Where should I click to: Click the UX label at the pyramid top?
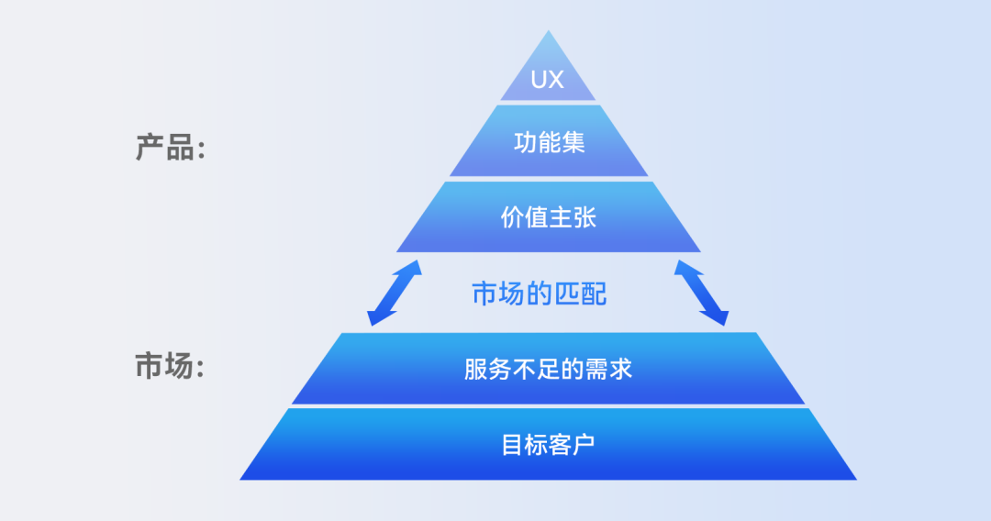point(547,80)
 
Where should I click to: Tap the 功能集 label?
point(549,142)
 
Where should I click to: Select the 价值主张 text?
point(549,217)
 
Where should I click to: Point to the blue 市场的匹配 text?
point(540,294)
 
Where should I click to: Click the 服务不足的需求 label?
point(548,369)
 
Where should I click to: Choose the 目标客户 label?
point(548,445)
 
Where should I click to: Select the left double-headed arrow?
point(395,293)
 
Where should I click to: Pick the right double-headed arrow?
point(702,293)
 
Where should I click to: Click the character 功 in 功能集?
point(525,142)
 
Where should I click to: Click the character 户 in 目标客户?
point(584,445)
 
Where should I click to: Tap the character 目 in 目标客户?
point(513,445)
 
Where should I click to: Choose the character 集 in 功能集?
point(573,142)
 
